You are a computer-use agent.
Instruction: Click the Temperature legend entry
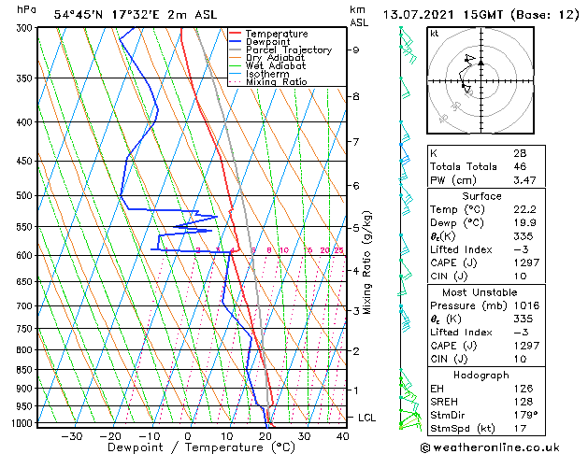[x=275, y=34]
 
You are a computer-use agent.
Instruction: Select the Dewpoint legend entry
[x=268, y=42]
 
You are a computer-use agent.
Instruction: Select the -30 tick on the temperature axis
[x=70, y=436]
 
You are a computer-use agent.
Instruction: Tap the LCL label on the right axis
[x=366, y=418]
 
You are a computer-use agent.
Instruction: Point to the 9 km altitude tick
[x=356, y=50]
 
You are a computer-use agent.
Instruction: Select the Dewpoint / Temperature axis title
[x=188, y=447]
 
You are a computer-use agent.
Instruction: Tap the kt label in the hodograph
[x=434, y=34]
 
